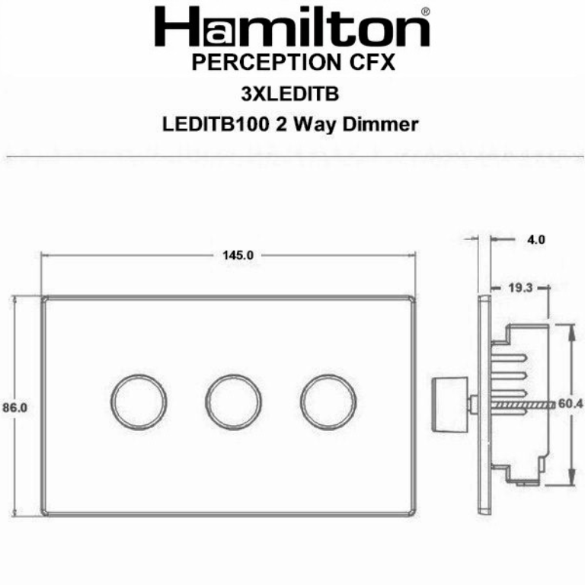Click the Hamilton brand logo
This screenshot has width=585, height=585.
pos(292,28)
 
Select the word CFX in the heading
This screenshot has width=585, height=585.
pos(372,62)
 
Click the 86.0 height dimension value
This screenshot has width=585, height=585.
pos(14,408)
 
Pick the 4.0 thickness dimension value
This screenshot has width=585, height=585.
pos(535,240)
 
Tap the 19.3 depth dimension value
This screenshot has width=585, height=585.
pos(521,288)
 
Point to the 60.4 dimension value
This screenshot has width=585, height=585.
pos(571,404)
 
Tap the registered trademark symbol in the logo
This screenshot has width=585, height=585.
pos(424,12)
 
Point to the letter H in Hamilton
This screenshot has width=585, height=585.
pos(174,28)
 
